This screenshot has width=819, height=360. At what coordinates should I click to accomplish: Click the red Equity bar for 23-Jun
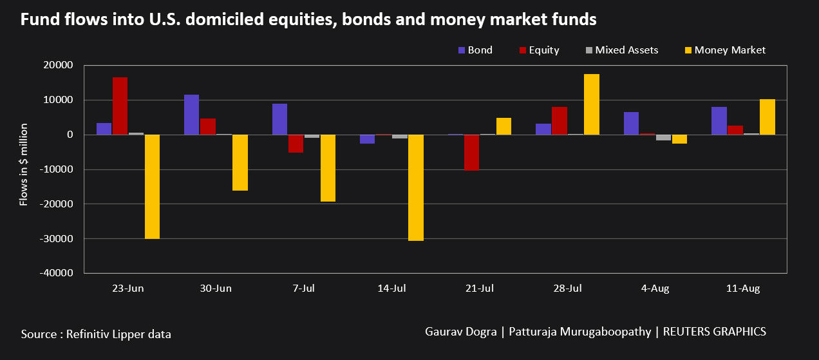[120, 106]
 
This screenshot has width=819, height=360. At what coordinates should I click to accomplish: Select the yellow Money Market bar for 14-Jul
[416, 187]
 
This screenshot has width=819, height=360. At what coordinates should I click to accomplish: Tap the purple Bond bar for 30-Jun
[192, 115]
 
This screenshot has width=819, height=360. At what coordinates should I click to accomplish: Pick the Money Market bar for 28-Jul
[591, 104]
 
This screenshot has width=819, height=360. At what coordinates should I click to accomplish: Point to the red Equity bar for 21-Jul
[471, 153]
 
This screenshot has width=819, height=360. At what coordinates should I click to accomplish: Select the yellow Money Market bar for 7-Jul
[328, 168]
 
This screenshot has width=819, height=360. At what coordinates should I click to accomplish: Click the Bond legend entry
[475, 50]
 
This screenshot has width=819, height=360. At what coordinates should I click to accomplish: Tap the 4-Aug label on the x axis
[655, 289]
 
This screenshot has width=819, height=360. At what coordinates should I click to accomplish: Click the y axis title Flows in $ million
[24, 165]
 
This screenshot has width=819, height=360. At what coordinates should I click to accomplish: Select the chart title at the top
[308, 21]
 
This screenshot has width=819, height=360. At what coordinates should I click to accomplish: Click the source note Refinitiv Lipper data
[96, 334]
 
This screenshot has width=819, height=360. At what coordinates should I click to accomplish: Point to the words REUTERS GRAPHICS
[714, 332]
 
